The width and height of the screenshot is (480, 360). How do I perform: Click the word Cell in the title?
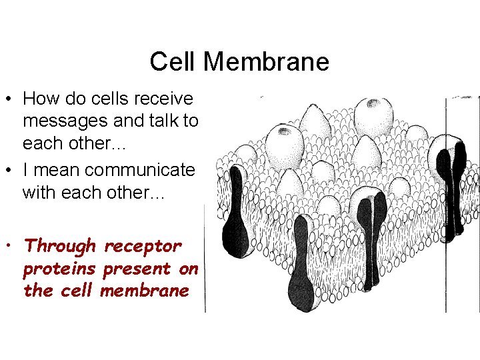pos(173,62)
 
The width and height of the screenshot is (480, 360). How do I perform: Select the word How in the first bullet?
pos(39,99)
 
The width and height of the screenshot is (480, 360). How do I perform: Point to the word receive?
pos(163,99)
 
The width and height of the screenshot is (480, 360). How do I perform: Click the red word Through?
pos(60,246)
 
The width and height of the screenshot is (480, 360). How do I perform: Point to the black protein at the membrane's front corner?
pos(301,267)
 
